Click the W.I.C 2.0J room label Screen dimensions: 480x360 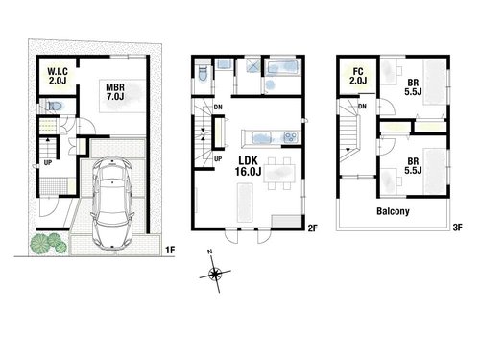[x=58, y=76]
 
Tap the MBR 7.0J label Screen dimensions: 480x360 [x=115, y=92]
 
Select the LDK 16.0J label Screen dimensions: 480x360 [x=248, y=166]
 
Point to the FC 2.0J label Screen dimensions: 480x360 [x=358, y=76]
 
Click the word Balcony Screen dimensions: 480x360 [x=393, y=211]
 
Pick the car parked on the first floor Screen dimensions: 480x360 [x=112, y=203]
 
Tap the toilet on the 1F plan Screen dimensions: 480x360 [x=55, y=106]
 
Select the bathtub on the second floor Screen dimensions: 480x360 [x=283, y=68]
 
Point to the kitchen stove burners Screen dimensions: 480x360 [x=291, y=137]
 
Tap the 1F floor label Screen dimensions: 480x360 [x=170, y=250]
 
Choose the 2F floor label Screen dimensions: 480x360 [x=312, y=228]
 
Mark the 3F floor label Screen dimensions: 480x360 [x=458, y=228]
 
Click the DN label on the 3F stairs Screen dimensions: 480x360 [x=362, y=106]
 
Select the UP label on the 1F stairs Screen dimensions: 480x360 [x=48, y=163]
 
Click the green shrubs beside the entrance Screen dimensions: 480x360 [x=48, y=244]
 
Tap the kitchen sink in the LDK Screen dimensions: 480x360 [x=262, y=137]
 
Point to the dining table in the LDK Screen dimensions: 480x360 [x=279, y=173]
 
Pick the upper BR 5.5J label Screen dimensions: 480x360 [x=413, y=86]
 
